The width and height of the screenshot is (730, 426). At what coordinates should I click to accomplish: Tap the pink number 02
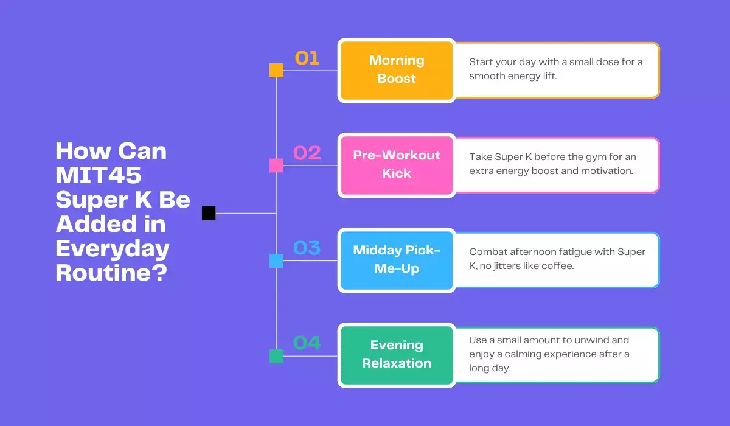pyautogui.click(x=307, y=153)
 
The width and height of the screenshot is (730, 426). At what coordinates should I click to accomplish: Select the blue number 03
pyautogui.click(x=307, y=248)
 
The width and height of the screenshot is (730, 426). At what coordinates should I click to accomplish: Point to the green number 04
pyautogui.click(x=307, y=343)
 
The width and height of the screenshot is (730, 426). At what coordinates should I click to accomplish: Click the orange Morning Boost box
pyautogui.click(x=397, y=70)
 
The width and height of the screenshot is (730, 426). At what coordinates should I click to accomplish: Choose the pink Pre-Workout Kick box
pyautogui.click(x=397, y=165)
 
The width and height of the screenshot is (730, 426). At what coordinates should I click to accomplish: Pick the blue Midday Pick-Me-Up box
pyautogui.click(x=397, y=260)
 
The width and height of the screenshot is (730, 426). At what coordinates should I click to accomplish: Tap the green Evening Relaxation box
pyautogui.click(x=397, y=355)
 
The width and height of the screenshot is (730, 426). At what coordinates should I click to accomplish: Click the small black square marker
pyautogui.click(x=209, y=213)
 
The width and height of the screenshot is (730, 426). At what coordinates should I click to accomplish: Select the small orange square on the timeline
pyautogui.click(x=276, y=71)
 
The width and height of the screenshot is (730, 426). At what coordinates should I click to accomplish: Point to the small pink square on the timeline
pyautogui.click(x=276, y=166)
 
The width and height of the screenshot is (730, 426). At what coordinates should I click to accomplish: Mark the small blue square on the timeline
pyautogui.click(x=276, y=261)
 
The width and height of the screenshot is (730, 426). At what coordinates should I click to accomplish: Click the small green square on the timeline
pyautogui.click(x=276, y=356)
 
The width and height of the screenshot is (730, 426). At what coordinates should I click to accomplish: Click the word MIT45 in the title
pyautogui.click(x=99, y=175)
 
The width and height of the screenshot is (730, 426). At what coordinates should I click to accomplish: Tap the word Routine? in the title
pyautogui.click(x=111, y=273)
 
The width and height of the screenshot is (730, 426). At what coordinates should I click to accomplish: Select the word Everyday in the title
pyautogui.click(x=113, y=248)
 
